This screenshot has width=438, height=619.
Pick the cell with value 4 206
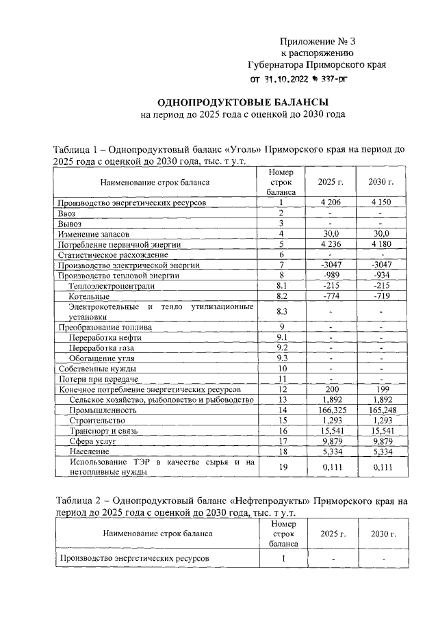click(331, 202)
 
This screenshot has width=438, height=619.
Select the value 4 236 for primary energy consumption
click(331, 244)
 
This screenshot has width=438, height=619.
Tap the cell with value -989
click(331, 275)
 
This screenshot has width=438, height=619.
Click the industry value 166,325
click(331, 410)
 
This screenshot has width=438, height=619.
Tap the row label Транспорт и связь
click(101, 431)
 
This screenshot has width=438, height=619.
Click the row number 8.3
click(280, 311)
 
